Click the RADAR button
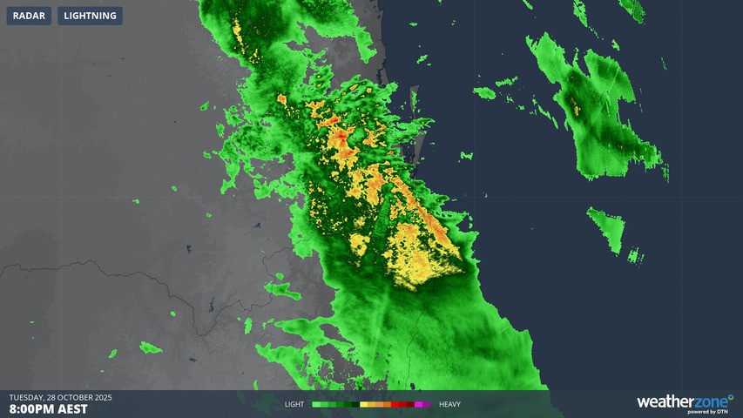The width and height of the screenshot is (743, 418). click(29, 16)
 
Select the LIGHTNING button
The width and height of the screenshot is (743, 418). click(90, 16)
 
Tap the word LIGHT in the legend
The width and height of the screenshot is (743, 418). click(294, 405)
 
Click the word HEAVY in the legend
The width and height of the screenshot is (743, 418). click(449, 405)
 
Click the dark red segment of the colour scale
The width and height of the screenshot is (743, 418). click(408, 405)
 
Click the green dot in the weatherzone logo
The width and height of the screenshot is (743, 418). click(731, 397)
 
